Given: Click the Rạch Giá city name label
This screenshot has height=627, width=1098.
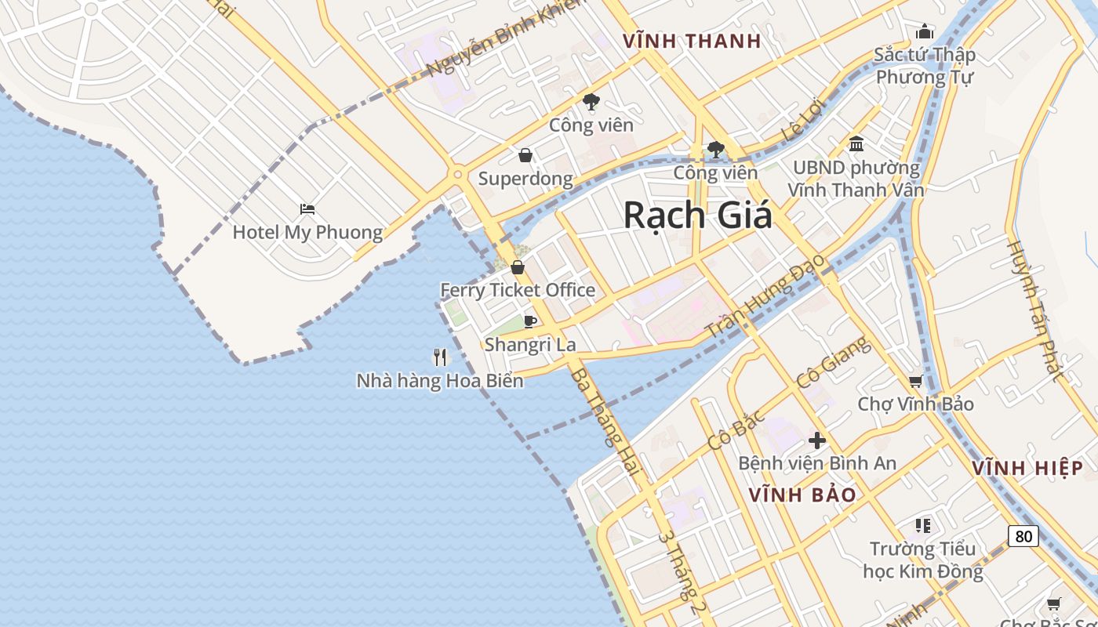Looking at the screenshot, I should [x=697, y=216].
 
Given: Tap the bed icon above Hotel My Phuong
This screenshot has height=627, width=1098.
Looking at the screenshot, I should [x=307, y=209].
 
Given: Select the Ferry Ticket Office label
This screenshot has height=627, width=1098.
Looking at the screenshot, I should [x=518, y=290].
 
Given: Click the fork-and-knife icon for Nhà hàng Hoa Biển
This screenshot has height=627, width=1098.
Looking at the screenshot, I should [x=440, y=357].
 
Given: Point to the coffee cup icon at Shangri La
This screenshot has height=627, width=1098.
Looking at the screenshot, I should [x=530, y=321].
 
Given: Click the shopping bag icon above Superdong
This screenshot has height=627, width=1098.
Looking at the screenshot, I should [x=525, y=155].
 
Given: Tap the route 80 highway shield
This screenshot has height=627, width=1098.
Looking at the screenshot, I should [x=1023, y=536].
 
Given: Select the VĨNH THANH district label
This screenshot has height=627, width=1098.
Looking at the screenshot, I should [x=692, y=42].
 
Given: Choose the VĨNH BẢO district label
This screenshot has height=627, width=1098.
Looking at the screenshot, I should [x=802, y=495].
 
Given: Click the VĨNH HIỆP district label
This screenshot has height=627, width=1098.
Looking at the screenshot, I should [x=1027, y=469].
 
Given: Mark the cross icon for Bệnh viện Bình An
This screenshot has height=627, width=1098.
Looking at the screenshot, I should [x=817, y=440].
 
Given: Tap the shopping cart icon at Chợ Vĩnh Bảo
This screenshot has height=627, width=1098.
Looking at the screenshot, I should [x=915, y=382].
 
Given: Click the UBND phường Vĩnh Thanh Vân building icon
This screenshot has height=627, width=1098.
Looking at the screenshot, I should [x=856, y=144].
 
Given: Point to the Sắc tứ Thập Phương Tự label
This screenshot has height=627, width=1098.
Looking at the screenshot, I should [x=925, y=66].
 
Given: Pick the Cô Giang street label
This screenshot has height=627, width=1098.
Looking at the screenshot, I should [x=833, y=362].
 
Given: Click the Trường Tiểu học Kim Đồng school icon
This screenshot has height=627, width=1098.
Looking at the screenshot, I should [x=923, y=525].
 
